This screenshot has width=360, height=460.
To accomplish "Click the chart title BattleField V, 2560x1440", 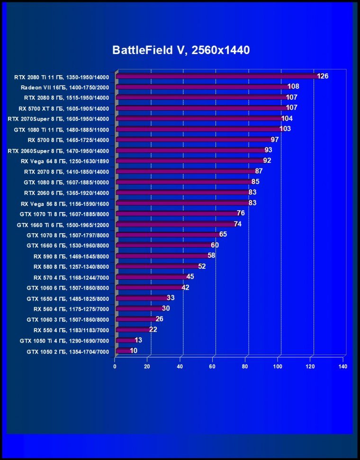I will point(180,50).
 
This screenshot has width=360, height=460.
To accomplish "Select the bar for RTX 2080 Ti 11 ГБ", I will point(216,76).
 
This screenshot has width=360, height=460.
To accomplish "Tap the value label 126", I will point(323,76).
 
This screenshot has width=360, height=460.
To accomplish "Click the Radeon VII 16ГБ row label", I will point(65,88).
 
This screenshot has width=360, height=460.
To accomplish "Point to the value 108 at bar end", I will point(293,87).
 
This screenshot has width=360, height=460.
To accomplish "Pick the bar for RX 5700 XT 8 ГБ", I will point(201,108).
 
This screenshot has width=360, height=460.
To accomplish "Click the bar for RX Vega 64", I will point(189,161).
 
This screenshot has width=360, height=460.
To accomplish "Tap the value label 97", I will point(275,140).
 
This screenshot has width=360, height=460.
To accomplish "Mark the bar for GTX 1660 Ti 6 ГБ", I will point(175,224).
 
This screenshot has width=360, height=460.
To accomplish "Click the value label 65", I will point(223,234).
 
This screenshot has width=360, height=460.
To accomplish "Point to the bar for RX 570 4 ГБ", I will point(152,277).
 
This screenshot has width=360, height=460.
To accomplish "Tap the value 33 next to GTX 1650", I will point(171,298).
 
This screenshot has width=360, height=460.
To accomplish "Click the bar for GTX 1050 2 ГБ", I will point(123,351).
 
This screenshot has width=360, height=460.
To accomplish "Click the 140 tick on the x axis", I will point(343,366).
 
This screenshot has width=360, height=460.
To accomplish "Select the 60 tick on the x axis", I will point(212,366).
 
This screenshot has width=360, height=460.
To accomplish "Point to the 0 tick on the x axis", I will point(115,366).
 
